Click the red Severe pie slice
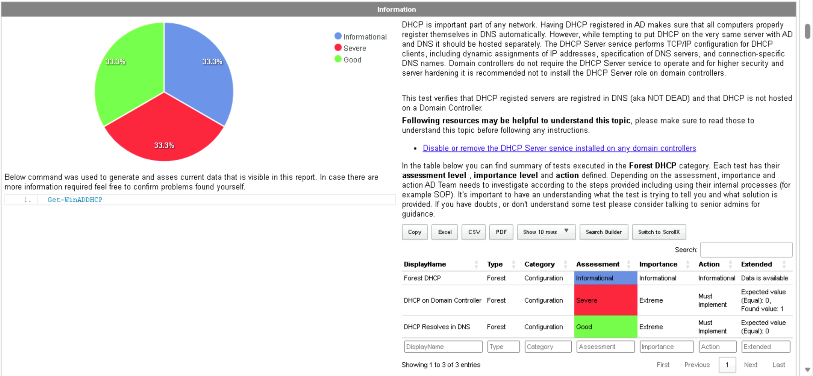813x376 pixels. tap(164, 133)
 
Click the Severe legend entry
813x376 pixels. tap(351, 48)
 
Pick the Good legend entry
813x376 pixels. tap(348, 60)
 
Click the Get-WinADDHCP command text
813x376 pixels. tap(75, 200)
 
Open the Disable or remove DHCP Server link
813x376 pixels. tap(559, 148)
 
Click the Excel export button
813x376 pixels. tap(445, 232)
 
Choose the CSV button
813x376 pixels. tap(474, 232)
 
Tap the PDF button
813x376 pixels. tap(501, 232)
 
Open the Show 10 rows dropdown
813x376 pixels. tap(546, 232)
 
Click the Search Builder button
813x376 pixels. tap(604, 232)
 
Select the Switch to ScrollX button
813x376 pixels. tap(659, 232)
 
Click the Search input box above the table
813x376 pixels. tap(746, 250)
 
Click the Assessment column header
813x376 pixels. tap(598, 264)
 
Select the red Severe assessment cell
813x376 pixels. tap(605, 300)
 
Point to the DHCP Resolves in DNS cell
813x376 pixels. tap(437, 327)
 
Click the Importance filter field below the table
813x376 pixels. tap(667, 347)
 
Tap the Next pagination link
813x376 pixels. tap(751, 365)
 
